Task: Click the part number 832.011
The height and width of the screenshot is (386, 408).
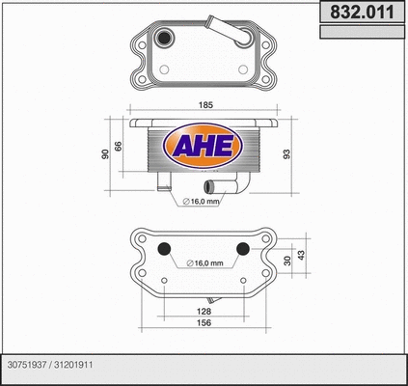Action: click(361, 13)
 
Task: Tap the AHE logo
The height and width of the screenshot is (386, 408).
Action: click(204, 146)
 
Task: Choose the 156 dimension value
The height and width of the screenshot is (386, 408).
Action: click(204, 323)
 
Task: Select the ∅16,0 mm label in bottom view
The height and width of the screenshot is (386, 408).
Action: click(204, 263)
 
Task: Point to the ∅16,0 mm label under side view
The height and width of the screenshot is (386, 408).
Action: click(203, 202)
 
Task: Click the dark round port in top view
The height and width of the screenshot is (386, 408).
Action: click(167, 40)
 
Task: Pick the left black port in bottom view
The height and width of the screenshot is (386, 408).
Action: click(163, 248)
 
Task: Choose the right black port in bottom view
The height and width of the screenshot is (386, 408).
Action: click(242, 248)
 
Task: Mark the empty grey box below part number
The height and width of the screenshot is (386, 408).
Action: click(361, 33)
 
